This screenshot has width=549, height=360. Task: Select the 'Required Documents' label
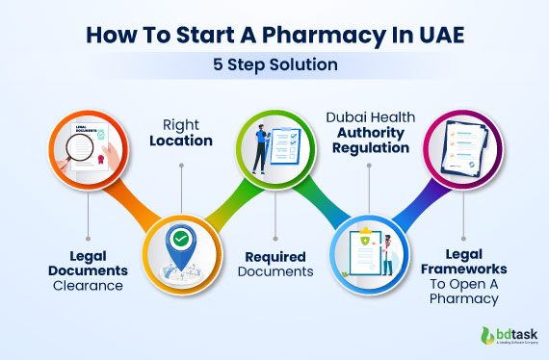pos(274,264)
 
